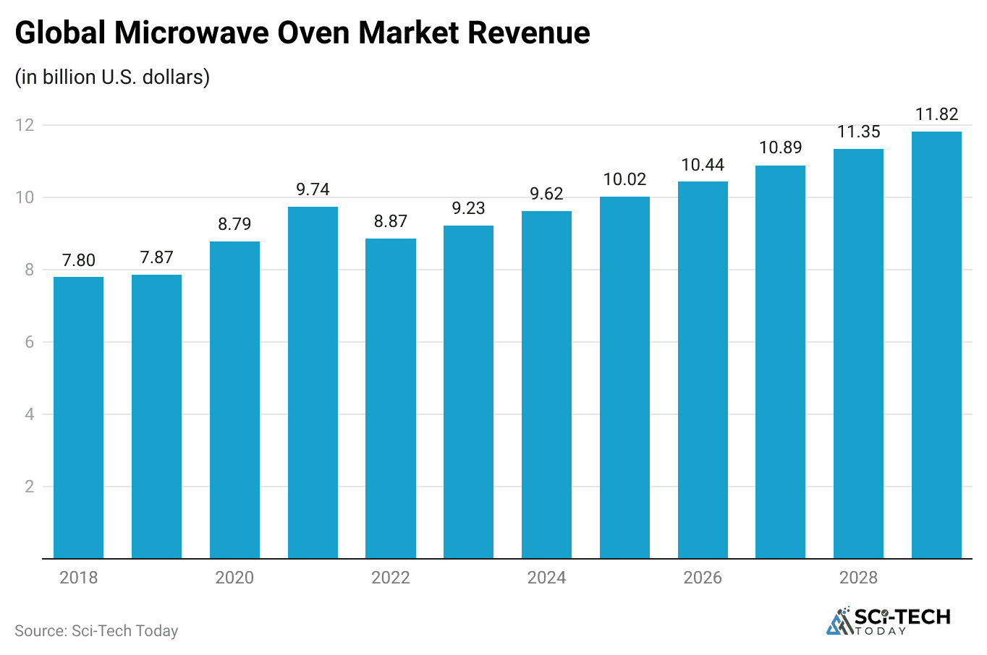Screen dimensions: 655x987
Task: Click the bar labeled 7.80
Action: click(x=78, y=417)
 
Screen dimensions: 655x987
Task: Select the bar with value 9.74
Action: click(x=313, y=382)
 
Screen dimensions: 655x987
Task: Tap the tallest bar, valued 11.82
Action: click(x=936, y=345)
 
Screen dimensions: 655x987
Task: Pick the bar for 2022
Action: click(x=391, y=398)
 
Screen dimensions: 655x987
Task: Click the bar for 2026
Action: click(x=703, y=369)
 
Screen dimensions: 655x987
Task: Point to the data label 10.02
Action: click(x=624, y=179)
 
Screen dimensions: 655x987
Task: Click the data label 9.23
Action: click(x=468, y=208)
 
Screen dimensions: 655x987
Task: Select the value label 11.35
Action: click(x=858, y=132)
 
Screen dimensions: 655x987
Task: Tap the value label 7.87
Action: click(x=156, y=257)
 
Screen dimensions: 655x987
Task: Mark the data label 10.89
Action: click(x=780, y=147)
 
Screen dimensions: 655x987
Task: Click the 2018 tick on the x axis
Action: click(x=78, y=578)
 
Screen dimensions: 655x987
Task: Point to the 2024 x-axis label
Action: click(x=546, y=578)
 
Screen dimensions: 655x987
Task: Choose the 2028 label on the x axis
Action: click(x=858, y=578)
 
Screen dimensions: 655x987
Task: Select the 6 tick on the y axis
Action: click(x=30, y=342)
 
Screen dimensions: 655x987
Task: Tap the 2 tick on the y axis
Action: click(x=30, y=487)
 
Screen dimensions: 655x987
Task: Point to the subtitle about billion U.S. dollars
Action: click(x=112, y=77)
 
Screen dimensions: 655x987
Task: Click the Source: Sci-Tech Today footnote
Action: click(x=96, y=631)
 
